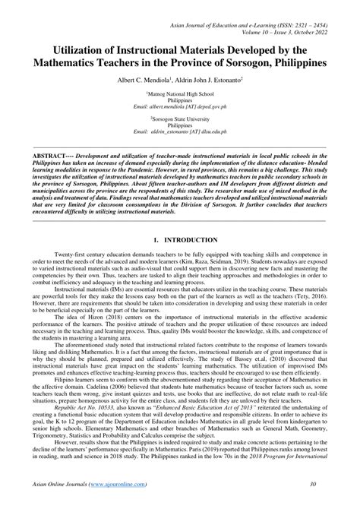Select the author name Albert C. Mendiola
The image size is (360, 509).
pos(144,80)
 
